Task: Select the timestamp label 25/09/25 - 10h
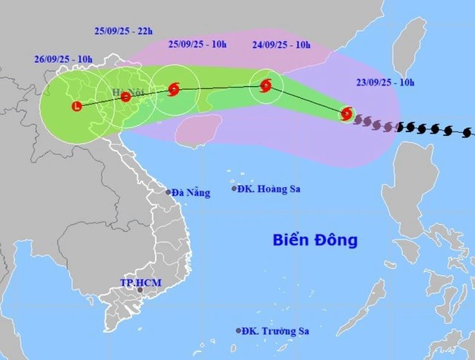coord(197,45)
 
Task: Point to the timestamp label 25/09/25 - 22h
coord(124,31)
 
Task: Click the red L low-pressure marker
coord(76,107)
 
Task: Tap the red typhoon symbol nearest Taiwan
coord(347,114)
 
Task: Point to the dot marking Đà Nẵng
coord(169,192)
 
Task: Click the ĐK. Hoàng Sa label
coord(265,189)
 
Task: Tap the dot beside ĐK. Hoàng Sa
coord(234,189)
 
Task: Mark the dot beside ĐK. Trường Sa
coord(238,331)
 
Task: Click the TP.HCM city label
coord(140,284)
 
